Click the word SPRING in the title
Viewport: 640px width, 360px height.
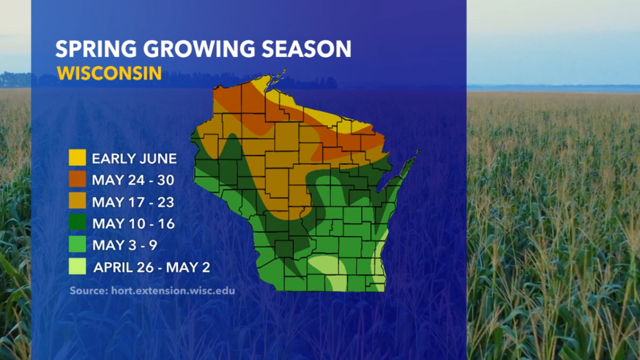point(96,49)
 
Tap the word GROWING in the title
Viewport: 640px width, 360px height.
point(199,49)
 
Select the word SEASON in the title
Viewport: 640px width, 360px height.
point(306,49)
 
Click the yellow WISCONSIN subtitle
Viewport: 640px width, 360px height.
point(109,74)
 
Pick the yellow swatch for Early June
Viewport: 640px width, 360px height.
point(77,157)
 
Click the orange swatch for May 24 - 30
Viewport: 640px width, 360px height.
point(77,179)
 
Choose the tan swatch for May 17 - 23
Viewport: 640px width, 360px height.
point(77,201)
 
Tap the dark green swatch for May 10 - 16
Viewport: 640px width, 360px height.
point(77,223)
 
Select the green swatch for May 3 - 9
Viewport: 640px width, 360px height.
point(77,244)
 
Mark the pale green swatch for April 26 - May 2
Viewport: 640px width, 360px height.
point(77,266)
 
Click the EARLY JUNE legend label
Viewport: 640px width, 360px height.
point(135,159)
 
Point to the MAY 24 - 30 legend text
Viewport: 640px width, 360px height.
point(133,180)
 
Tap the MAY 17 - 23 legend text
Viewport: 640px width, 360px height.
point(133,202)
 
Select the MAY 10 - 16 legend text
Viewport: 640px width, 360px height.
point(133,224)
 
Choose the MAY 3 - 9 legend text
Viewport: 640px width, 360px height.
point(124,245)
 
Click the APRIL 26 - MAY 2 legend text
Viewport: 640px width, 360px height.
point(152,267)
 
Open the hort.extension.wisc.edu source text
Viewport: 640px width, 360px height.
point(173,291)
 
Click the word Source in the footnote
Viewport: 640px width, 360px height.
point(89,291)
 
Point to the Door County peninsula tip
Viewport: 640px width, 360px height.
point(418,153)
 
